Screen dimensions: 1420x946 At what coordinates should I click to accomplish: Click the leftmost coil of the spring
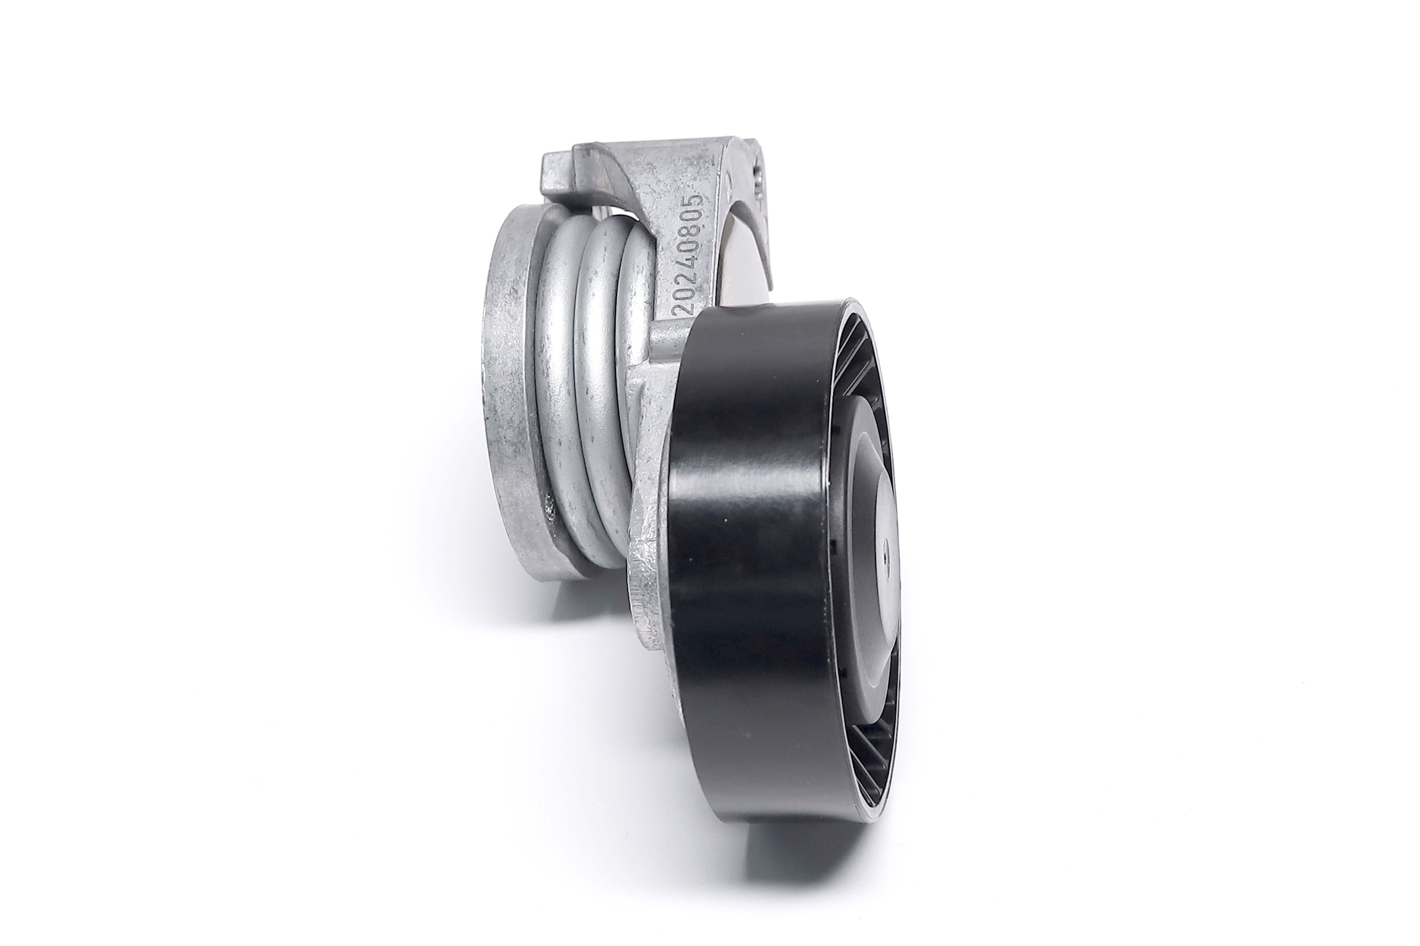(x=558, y=386)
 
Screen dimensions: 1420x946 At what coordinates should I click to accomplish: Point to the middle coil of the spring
(x=597, y=362)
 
